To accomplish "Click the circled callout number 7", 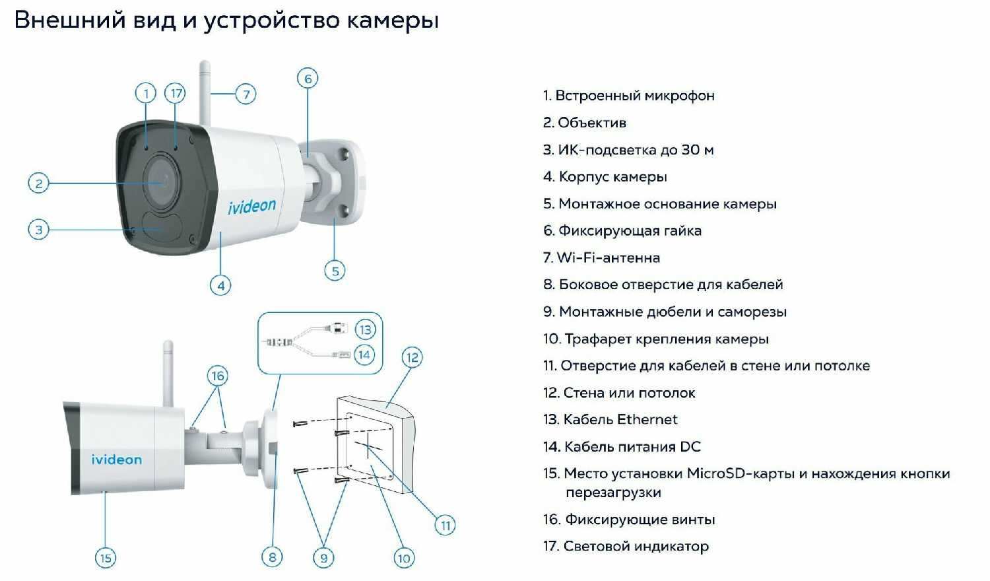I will click(246, 94).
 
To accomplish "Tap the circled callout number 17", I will click(175, 93).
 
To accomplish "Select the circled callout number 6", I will click(308, 79).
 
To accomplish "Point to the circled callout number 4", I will click(220, 285).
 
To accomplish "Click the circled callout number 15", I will click(106, 558).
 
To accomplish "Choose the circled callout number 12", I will click(412, 357).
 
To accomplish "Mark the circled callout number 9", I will click(323, 558).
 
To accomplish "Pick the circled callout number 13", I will click(365, 329).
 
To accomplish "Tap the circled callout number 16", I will click(218, 376).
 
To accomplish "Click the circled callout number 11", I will click(445, 525).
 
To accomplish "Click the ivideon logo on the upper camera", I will click(252, 206).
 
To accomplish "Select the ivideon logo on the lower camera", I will click(116, 460).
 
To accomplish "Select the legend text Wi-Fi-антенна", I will click(608, 257).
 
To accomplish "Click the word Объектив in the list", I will click(591, 122).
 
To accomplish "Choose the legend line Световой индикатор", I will click(636, 546).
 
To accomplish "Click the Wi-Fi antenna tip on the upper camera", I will click(204, 66).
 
